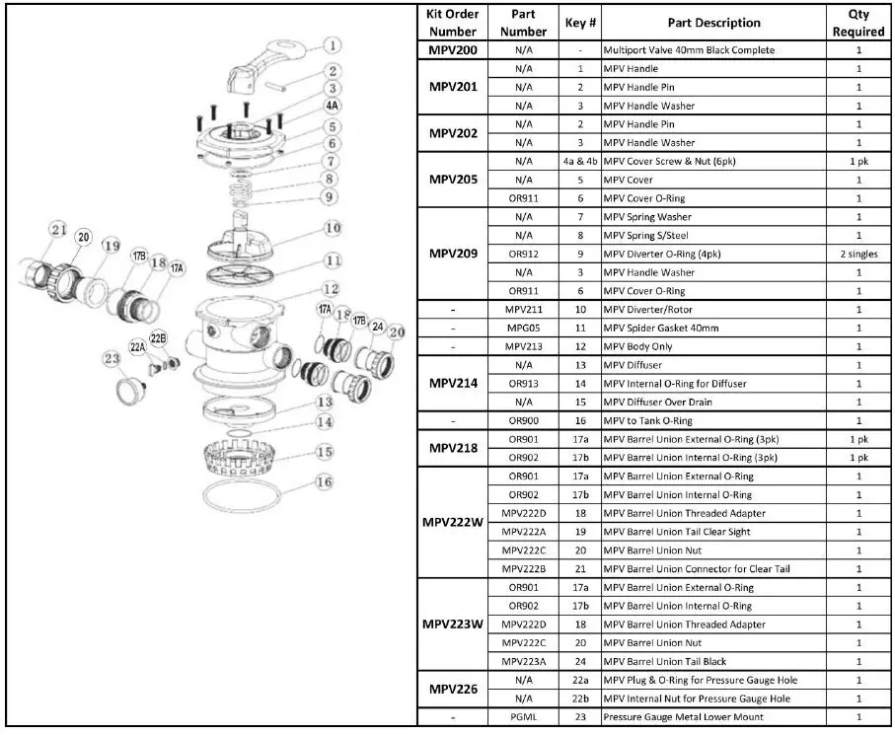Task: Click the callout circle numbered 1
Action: (x=333, y=45)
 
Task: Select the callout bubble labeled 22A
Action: (x=137, y=346)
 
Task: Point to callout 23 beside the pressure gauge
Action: (x=110, y=360)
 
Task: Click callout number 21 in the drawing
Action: (x=58, y=230)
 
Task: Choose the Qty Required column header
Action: (x=858, y=23)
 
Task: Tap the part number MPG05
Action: (x=523, y=328)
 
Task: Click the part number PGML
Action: (x=523, y=716)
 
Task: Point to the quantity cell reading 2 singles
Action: (x=858, y=254)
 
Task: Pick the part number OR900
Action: (x=523, y=420)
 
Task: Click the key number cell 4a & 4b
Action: (x=580, y=161)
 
